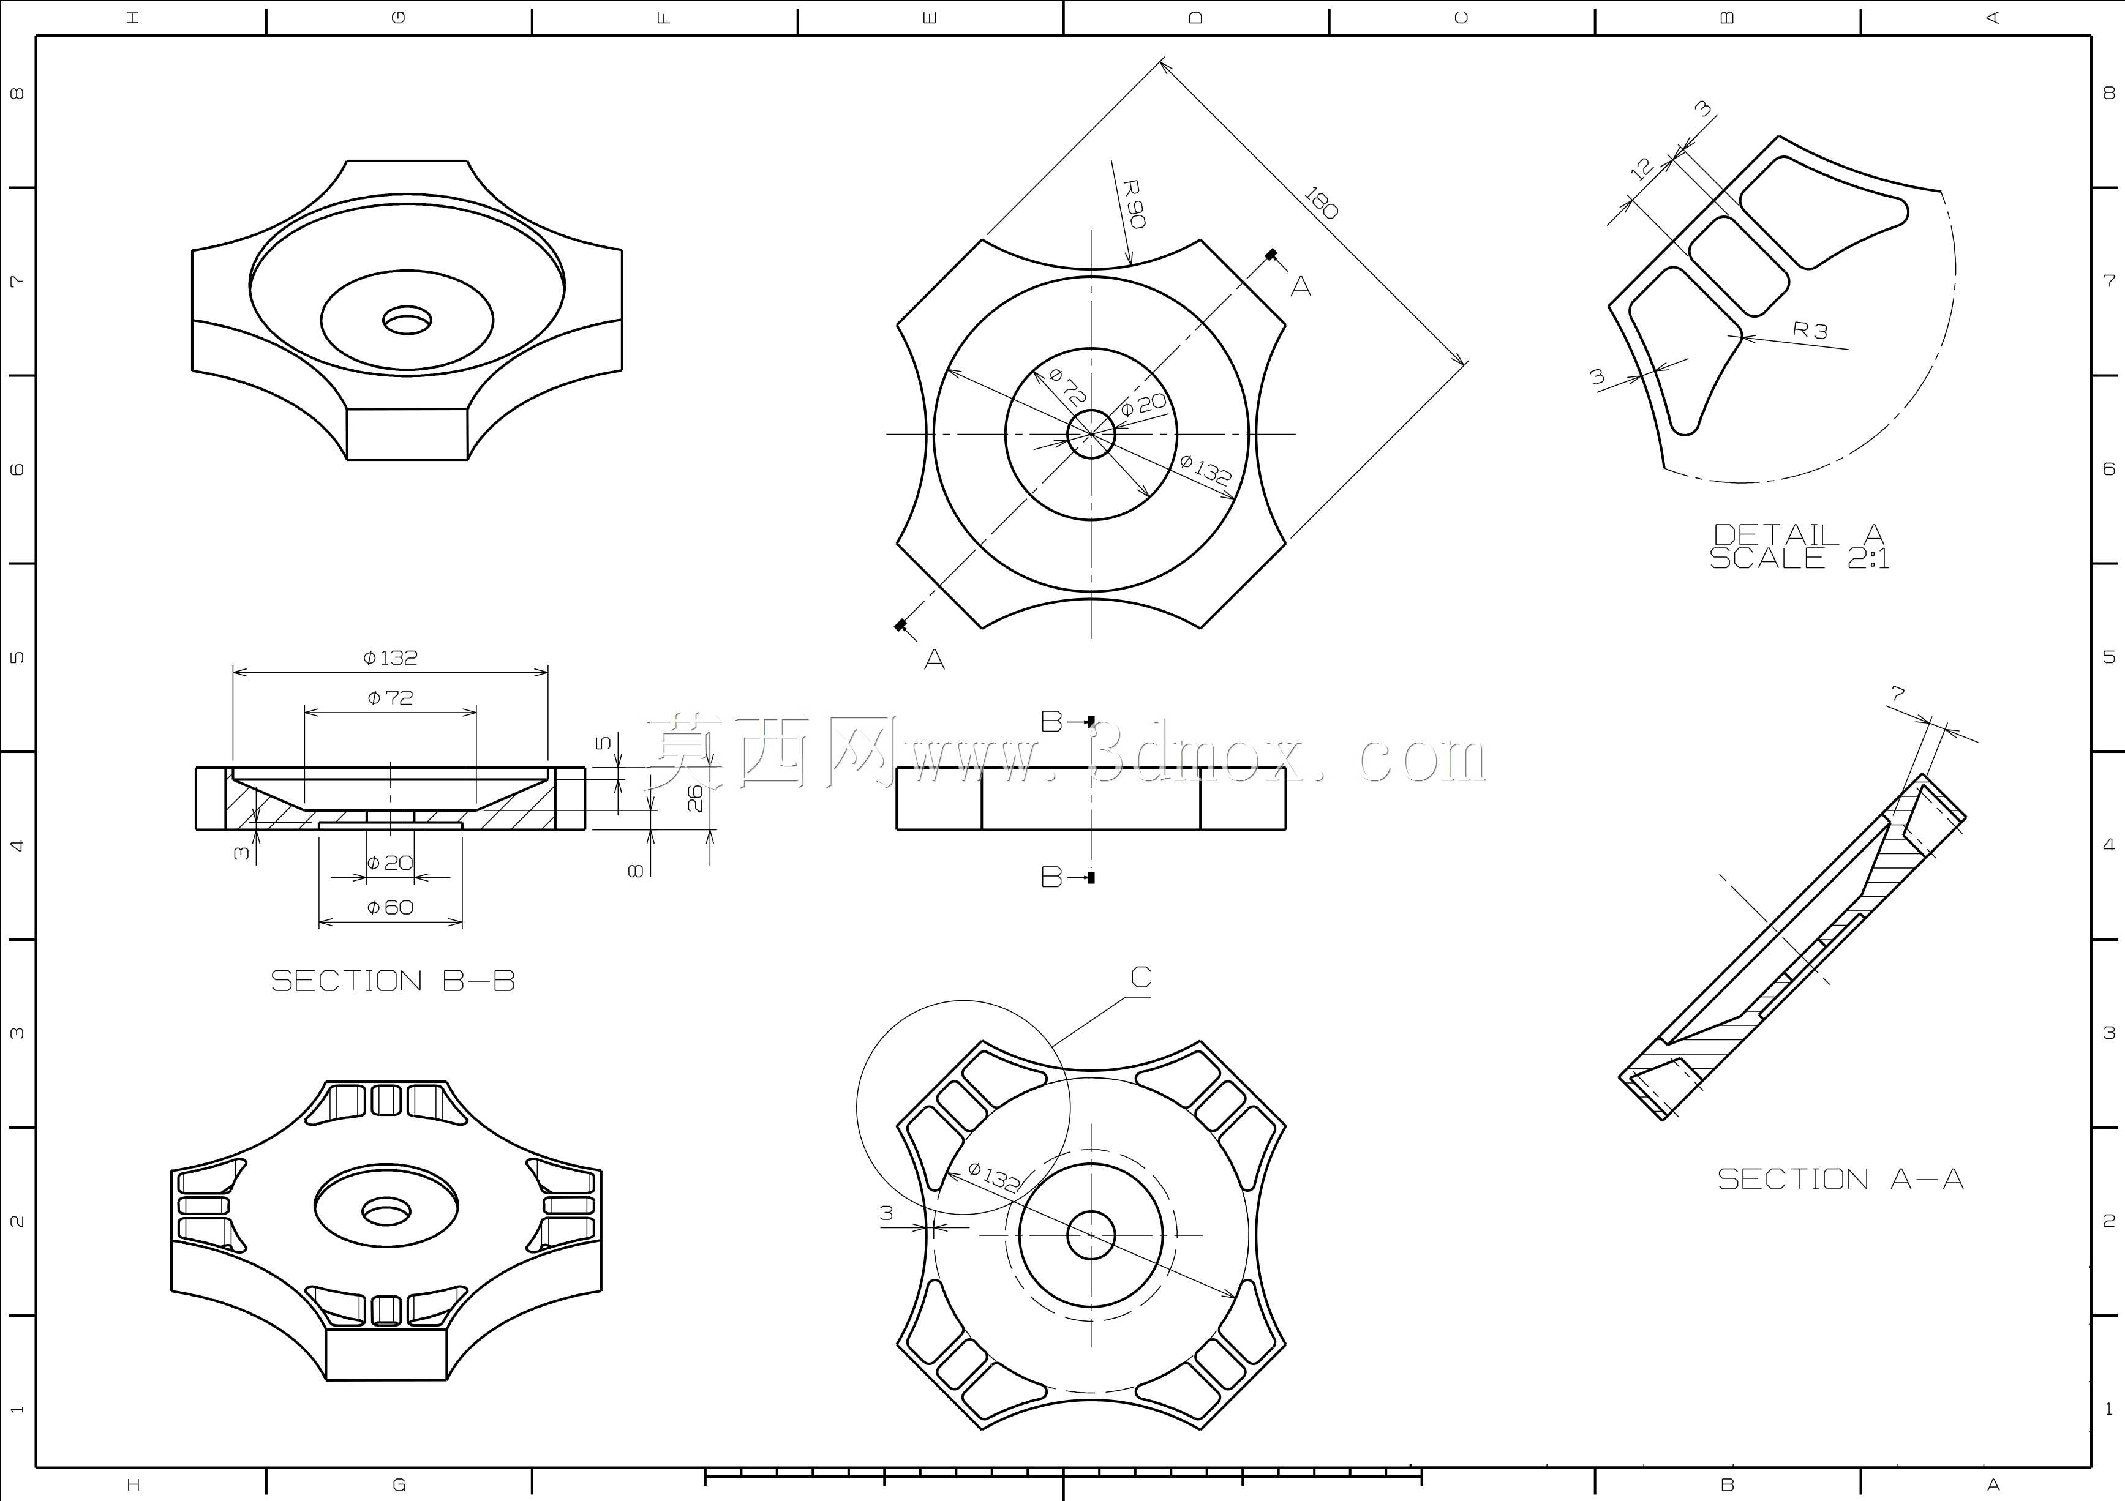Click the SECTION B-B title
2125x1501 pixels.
pos(393,981)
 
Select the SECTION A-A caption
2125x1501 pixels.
pos(1840,1179)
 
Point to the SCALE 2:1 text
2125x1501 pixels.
pos(1799,558)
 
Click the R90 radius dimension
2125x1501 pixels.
pos(1135,204)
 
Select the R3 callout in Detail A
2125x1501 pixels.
pos(1810,329)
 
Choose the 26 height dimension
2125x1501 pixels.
pos(696,798)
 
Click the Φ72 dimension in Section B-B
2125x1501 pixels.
pos(391,698)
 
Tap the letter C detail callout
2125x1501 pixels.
pos(1141,977)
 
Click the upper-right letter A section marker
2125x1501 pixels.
pos(1301,287)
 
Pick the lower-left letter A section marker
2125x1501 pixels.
pos(935,660)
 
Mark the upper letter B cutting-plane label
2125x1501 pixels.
pos(1051,721)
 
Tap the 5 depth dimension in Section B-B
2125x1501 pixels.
pos(603,743)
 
